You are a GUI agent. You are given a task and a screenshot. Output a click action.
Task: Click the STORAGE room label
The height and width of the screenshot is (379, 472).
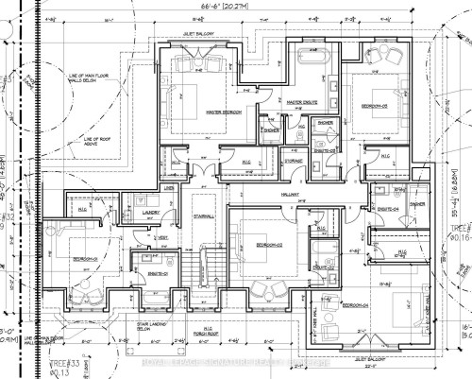(293, 162)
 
